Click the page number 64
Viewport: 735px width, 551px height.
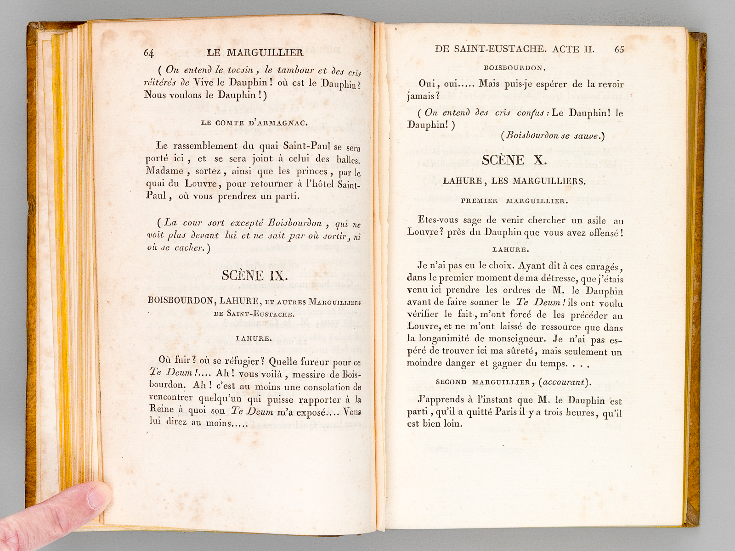pos(149,53)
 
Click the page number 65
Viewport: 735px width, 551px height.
pos(619,49)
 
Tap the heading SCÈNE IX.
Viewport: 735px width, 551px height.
pos(254,275)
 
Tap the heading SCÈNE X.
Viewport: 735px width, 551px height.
pos(514,160)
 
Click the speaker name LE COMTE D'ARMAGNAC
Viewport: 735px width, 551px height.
pos(254,123)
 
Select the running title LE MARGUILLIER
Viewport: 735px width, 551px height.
pos(255,52)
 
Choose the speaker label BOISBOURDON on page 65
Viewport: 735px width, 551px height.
pos(514,68)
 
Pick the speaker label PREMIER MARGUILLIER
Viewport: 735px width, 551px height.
pos(514,201)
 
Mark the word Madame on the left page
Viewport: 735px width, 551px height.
pos(164,171)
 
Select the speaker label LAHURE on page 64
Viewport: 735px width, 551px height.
pos(254,338)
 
